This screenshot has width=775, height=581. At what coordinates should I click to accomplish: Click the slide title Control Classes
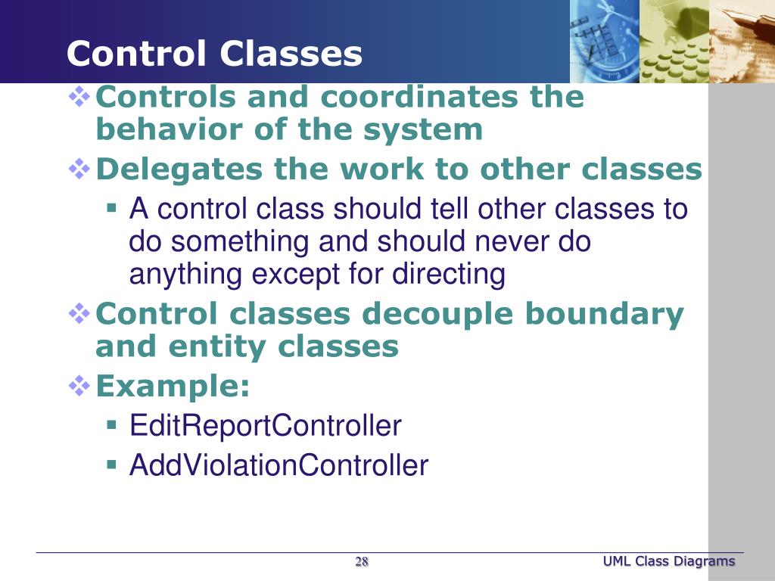pyautogui.click(x=214, y=54)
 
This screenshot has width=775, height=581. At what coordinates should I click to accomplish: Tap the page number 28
pyautogui.click(x=362, y=562)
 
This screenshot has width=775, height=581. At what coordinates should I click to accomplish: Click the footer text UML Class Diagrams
pyautogui.click(x=669, y=561)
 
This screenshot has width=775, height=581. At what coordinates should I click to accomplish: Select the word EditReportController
pyautogui.click(x=266, y=425)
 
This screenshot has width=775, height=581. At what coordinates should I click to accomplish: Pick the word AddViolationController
pyautogui.click(x=279, y=465)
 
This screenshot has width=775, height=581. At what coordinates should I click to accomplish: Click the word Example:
pyautogui.click(x=173, y=386)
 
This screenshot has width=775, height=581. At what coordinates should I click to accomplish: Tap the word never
pyautogui.click(x=511, y=241)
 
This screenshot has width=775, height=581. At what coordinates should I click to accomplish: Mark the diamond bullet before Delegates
pyautogui.click(x=79, y=169)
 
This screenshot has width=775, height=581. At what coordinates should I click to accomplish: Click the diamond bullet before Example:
pyautogui.click(x=79, y=387)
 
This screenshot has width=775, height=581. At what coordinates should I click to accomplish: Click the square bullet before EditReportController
pyautogui.click(x=111, y=425)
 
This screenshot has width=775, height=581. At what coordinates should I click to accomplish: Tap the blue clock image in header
pyautogui.click(x=605, y=42)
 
